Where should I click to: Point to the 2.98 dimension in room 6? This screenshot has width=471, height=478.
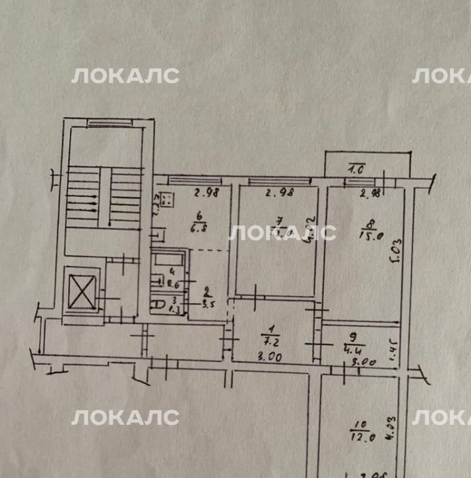click(x=204, y=192)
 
